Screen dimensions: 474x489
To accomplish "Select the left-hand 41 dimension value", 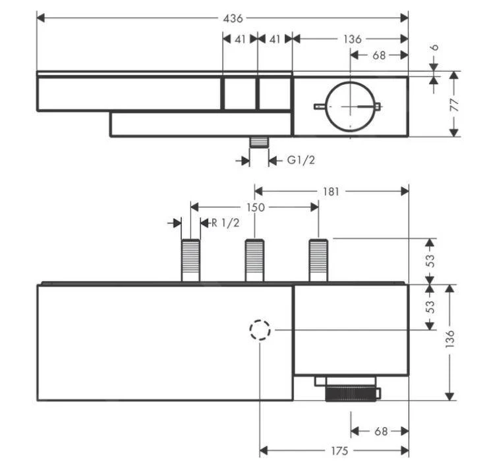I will click(239, 39).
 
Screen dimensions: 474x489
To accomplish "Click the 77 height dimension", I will click(455, 104).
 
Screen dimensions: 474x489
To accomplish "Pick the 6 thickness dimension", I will click(436, 49).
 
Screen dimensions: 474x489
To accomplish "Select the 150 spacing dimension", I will click(256, 207).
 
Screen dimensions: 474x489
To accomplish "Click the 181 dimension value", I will click(331, 192).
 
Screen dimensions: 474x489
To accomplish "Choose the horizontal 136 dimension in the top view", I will click(352, 39).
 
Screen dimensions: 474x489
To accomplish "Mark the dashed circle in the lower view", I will click(260, 329).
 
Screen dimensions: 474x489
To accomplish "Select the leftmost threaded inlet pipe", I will click(190, 261).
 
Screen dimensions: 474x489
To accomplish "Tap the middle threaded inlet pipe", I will click(255, 261).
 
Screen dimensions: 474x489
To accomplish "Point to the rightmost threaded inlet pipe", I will click(319, 261).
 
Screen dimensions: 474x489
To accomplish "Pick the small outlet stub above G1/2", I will click(259, 143).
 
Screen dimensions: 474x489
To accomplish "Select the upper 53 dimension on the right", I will click(430, 261).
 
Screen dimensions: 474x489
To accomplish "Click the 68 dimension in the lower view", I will click(380, 431).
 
